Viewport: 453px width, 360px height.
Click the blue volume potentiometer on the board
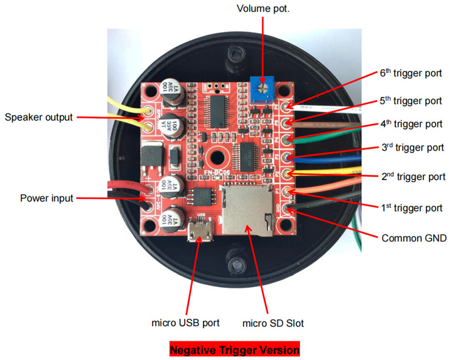click(x=262, y=89)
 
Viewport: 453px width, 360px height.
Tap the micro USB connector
click(x=200, y=229)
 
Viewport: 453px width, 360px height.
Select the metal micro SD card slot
click(x=247, y=209)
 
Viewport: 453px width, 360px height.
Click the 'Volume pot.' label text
click(x=263, y=8)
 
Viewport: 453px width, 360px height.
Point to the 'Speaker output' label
click(x=39, y=117)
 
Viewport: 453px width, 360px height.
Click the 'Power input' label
click(x=46, y=198)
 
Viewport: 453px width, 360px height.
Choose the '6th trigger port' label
click(x=411, y=74)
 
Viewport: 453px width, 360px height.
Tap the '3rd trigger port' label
click(x=413, y=148)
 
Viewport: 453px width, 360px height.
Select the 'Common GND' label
click(x=414, y=238)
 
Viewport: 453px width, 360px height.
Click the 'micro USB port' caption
click(x=186, y=323)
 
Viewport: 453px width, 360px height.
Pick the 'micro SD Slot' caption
click(x=273, y=323)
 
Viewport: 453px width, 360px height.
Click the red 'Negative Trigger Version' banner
click(x=234, y=349)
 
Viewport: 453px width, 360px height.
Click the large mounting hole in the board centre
click(x=217, y=157)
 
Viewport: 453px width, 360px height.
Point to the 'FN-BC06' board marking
click(x=217, y=172)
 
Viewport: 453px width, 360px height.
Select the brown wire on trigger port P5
click(x=323, y=125)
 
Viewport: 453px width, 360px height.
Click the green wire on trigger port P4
click(x=323, y=136)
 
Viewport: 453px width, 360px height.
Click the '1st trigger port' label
click(x=412, y=208)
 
